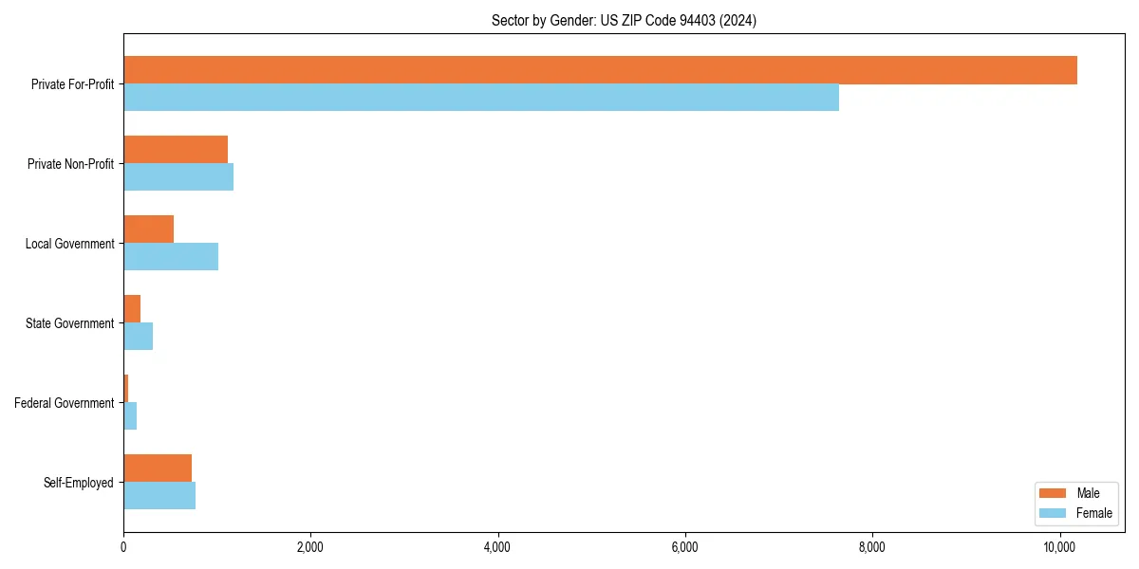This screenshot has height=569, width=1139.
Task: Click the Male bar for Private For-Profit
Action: point(600,70)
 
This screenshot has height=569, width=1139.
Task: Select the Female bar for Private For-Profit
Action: point(481,98)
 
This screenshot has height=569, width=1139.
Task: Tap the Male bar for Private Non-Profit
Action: point(176,150)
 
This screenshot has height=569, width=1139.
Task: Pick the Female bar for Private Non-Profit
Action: point(178,177)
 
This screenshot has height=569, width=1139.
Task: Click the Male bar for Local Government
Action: point(149,229)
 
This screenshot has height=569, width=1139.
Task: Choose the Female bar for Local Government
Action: point(171,257)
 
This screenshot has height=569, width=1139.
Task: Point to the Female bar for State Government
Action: point(139,337)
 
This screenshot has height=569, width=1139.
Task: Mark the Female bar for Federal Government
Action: point(130,416)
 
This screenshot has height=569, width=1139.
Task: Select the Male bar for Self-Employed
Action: point(158,468)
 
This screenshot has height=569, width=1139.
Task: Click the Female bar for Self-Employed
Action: point(159,496)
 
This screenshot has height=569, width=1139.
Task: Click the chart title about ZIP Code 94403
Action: point(624,21)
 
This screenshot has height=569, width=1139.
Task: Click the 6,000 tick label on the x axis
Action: point(684,547)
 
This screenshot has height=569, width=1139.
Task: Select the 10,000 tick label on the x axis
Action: point(1058,547)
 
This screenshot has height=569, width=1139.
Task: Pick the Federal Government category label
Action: point(65,403)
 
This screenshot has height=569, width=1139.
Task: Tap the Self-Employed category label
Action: point(79,483)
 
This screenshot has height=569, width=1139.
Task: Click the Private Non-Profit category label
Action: point(70,164)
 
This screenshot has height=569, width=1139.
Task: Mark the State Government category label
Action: point(70,323)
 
